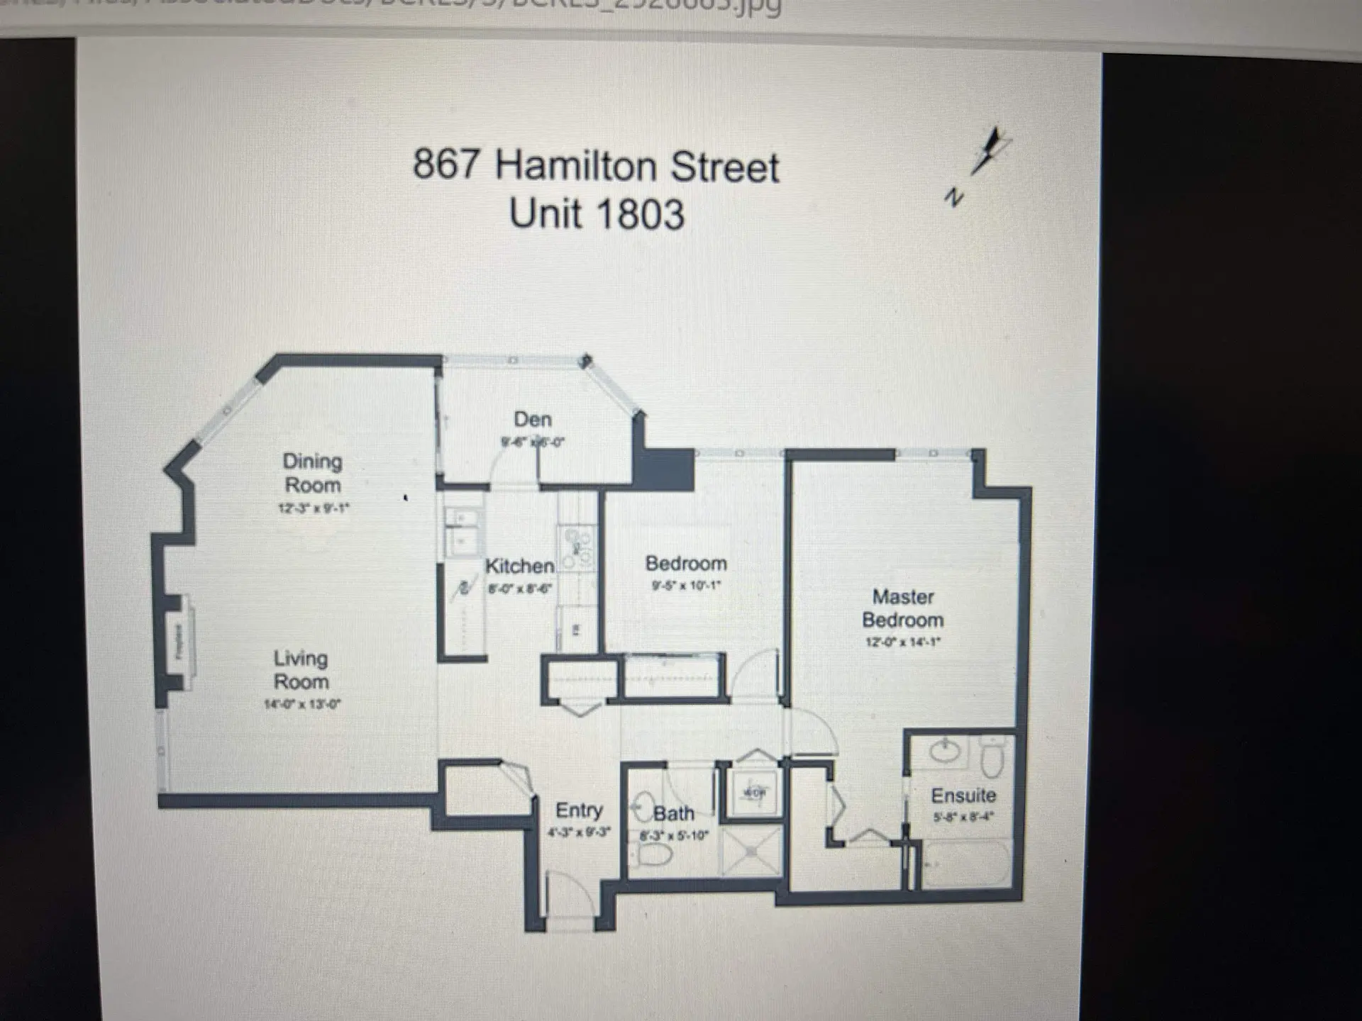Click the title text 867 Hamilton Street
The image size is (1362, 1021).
(x=596, y=166)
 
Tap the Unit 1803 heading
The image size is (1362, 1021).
(x=597, y=214)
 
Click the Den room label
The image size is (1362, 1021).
(x=533, y=420)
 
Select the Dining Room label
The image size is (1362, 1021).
(x=312, y=473)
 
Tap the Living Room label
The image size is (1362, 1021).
(x=301, y=669)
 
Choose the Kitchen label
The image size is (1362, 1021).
(x=519, y=566)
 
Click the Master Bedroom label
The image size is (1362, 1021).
(x=902, y=608)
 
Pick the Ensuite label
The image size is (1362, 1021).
(x=963, y=796)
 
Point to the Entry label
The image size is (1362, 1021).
(x=579, y=810)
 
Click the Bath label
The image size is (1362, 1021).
(x=673, y=813)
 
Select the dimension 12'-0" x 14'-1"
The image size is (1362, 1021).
(x=902, y=642)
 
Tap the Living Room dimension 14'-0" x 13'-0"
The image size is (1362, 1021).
(x=302, y=704)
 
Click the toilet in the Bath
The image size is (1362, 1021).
(x=651, y=855)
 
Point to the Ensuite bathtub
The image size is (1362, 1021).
(x=965, y=864)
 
